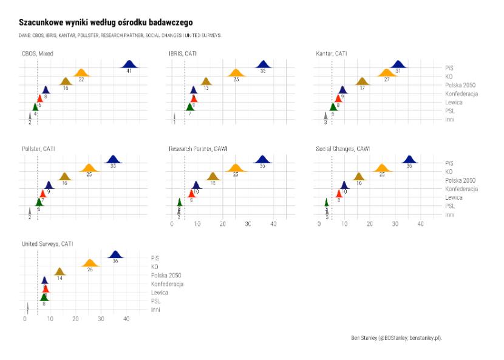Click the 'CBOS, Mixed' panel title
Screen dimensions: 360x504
point(38,54)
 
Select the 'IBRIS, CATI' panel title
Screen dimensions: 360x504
point(183,54)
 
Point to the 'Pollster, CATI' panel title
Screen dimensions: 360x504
point(39,149)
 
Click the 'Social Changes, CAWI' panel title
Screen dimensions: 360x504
point(342,149)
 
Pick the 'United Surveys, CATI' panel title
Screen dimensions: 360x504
point(47,244)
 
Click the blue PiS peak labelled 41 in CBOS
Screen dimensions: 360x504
point(129,64)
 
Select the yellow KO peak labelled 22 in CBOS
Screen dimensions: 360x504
point(81,73)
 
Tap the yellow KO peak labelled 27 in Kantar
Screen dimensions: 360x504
point(386,73)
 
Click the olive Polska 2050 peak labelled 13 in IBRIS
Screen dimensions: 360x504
point(206,82)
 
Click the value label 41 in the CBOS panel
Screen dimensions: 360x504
point(129,71)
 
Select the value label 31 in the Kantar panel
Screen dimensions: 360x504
point(398,71)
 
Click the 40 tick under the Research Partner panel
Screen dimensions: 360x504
point(273,225)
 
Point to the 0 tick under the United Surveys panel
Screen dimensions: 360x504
point(24,319)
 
